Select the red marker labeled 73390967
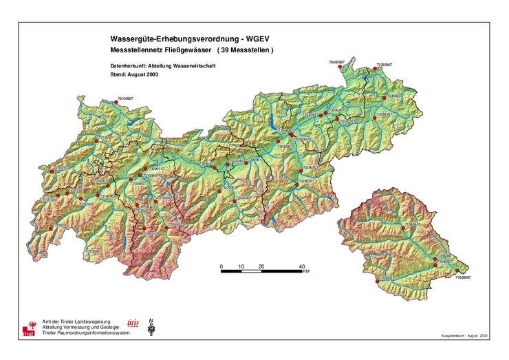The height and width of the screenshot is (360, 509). (x=375, y=68)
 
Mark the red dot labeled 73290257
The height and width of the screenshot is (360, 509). (x=297, y=185)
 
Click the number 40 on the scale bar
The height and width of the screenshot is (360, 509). (x=301, y=266)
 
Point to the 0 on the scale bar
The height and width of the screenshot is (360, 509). (x=221, y=266)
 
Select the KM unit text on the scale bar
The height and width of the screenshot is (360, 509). (x=305, y=272)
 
